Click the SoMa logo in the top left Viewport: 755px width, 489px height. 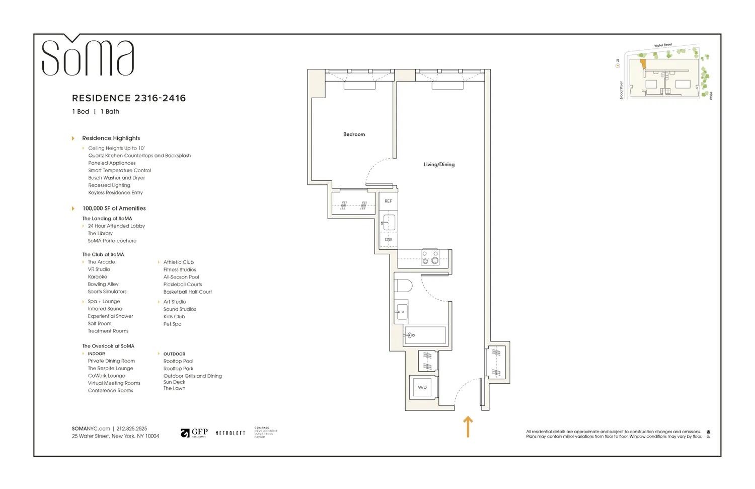tap(88, 57)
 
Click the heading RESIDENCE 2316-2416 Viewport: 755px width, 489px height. tap(129, 98)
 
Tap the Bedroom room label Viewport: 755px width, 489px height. tap(354, 134)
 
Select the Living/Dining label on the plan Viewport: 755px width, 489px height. tap(439, 165)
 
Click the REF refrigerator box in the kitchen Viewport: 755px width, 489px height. tap(388, 201)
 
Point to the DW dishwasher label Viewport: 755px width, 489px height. tap(388, 240)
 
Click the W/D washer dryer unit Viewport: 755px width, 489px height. tap(422, 387)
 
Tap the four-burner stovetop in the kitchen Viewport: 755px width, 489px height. tap(430, 257)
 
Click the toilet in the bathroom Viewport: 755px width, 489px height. tap(403, 286)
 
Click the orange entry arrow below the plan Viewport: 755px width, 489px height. tap(468, 427)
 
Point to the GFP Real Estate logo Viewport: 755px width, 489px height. tap(194, 433)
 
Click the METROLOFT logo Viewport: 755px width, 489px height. tap(230, 433)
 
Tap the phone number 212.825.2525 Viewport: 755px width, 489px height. tap(132, 429)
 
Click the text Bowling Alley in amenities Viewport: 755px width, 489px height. tap(103, 285)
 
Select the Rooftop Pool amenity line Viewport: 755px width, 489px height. tap(178, 361)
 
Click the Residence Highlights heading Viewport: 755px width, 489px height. tap(111, 138)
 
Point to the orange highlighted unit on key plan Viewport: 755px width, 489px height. tap(643, 64)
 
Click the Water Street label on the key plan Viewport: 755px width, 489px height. tap(663, 45)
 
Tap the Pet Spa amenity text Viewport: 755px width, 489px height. tap(172, 324)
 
